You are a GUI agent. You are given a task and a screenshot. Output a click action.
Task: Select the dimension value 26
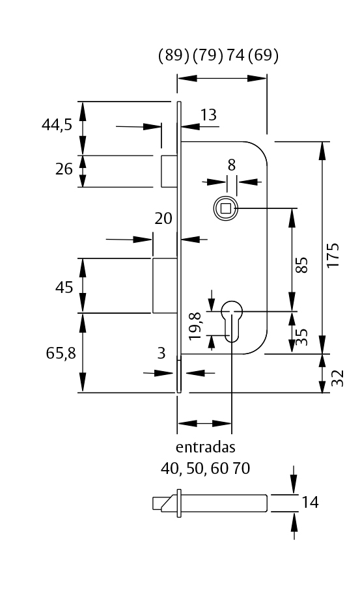tap(64, 170)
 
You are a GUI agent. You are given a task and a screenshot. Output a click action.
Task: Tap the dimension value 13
tap(208, 115)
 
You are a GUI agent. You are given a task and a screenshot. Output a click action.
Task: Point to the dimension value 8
tap(231, 165)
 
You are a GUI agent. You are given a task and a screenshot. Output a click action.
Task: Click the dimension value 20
tap(163, 219)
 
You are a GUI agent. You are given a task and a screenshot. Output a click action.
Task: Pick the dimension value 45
tap(64, 287)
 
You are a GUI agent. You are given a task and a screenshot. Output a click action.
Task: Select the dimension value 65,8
tap(61, 354)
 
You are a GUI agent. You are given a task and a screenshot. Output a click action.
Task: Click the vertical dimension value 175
tap(333, 256)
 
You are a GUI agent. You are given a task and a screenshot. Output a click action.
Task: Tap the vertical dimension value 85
tap(301, 265)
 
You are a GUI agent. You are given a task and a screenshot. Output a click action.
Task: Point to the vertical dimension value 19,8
tap(195, 326)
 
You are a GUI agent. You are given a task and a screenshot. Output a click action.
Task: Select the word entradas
tap(205, 448)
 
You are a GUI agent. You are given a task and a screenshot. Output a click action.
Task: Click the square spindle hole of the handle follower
tap(225, 208)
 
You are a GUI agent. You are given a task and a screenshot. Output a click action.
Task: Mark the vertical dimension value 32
tap(337, 378)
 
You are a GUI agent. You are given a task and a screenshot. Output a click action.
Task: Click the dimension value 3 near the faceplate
tap(161, 354)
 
